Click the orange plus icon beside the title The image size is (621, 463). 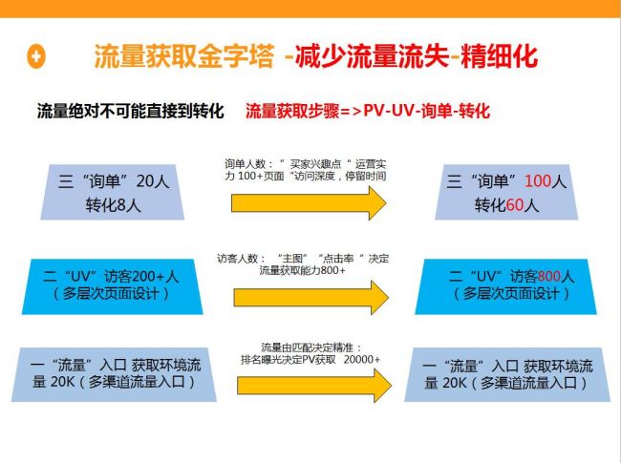36,56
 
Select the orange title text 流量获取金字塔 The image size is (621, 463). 182,56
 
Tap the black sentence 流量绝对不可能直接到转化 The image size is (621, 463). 130,112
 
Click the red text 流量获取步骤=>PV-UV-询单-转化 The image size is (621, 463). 368,112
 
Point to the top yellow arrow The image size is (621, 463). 308,203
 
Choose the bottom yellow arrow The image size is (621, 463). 308,385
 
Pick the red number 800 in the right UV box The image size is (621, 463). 552,277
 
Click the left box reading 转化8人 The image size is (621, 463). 114,191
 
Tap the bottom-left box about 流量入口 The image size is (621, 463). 113,374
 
